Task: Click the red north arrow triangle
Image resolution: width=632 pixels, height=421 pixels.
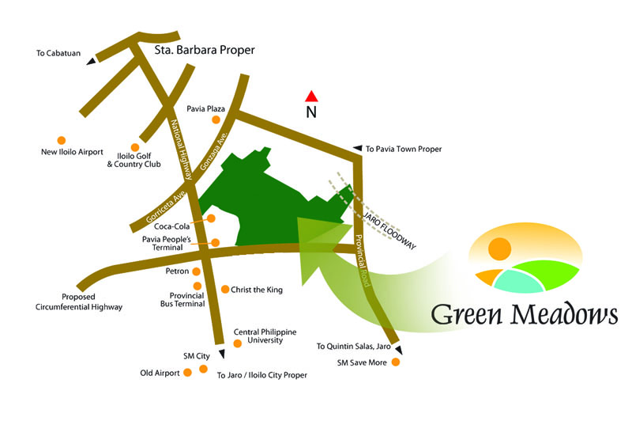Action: pos(311,97)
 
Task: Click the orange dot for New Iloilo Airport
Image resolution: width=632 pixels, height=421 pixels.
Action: pos(60,138)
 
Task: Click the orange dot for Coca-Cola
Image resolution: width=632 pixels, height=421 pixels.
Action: pos(211,218)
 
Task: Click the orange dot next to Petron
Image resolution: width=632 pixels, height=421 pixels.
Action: pos(197,271)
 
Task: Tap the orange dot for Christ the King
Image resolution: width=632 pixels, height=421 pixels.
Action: pos(225,290)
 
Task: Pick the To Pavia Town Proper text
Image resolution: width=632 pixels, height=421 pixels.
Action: pos(403,149)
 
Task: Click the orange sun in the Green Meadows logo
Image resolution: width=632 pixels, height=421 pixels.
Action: pos(498,248)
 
